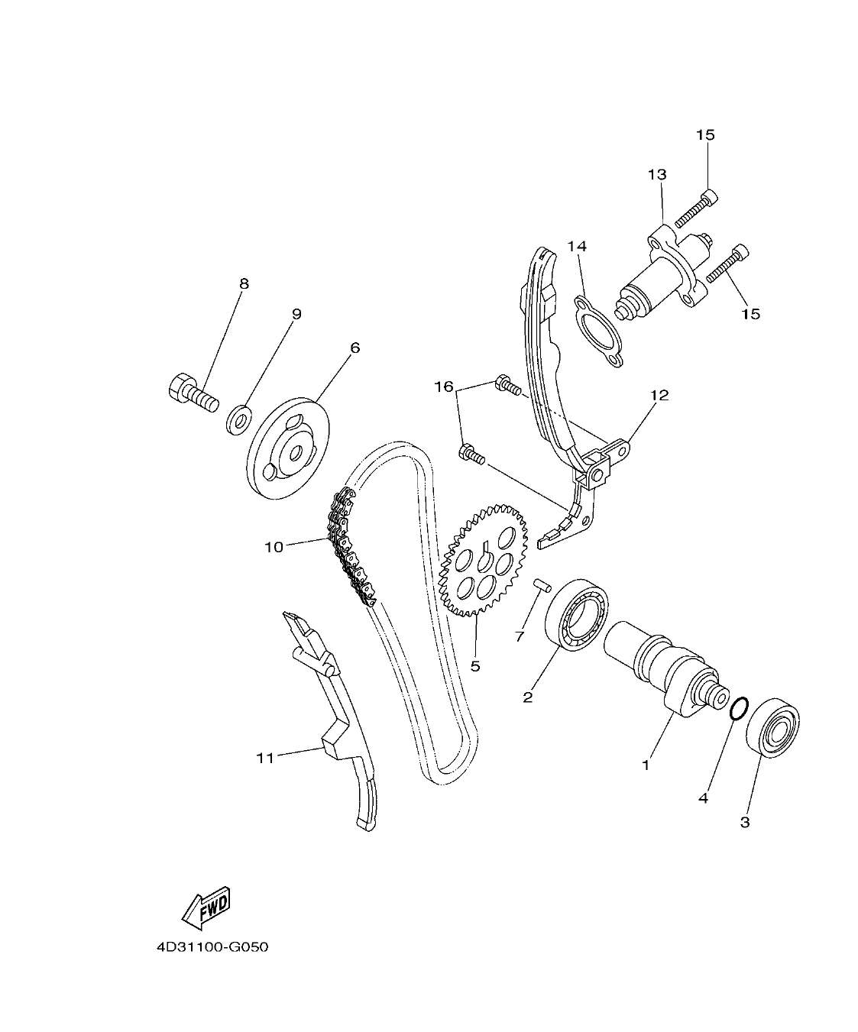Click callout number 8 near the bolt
tap(244, 284)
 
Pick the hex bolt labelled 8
tap(192, 390)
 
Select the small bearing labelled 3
tap(772, 727)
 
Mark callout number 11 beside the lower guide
tap(264, 758)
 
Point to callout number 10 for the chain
tap(274, 547)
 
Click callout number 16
tap(444, 387)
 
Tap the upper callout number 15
tap(704, 135)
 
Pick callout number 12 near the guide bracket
tap(659, 395)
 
